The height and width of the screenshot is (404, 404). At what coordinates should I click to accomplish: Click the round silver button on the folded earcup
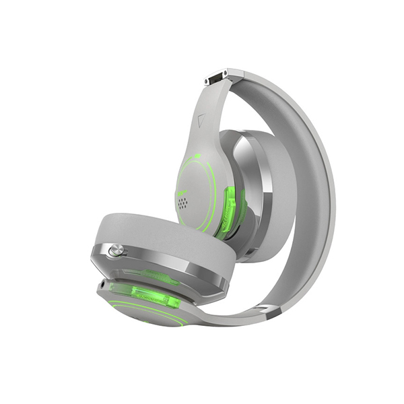[114, 251]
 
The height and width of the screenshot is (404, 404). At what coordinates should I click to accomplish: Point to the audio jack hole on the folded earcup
[102, 285]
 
